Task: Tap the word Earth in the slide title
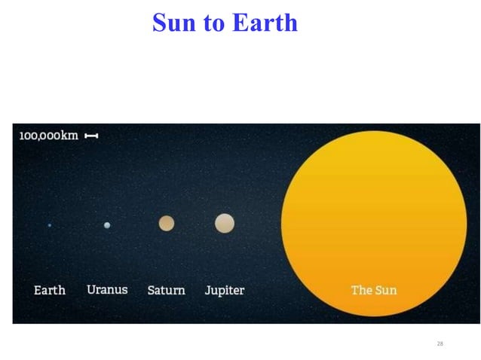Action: pyautogui.click(x=265, y=23)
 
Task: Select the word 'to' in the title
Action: pyautogui.click(x=215, y=23)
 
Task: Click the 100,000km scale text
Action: pyautogui.click(x=48, y=136)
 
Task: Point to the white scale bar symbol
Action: pyautogui.click(x=91, y=136)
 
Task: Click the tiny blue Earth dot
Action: pyautogui.click(x=50, y=225)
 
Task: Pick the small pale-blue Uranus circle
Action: pyautogui.click(x=107, y=225)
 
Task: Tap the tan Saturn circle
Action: pyautogui.click(x=167, y=223)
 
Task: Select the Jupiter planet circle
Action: pyautogui.click(x=225, y=223)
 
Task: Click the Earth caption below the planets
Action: pyautogui.click(x=50, y=290)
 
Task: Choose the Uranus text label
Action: pyautogui.click(x=107, y=289)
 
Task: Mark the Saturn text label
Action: pyautogui.click(x=166, y=290)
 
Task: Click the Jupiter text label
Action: pyautogui.click(x=225, y=291)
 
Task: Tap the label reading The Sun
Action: pyautogui.click(x=374, y=290)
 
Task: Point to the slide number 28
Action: pyautogui.click(x=440, y=343)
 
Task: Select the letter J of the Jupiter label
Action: pyautogui.click(x=207, y=291)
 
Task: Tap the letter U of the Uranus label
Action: pyautogui.click(x=91, y=289)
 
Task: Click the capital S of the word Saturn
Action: pyautogui.click(x=151, y=290)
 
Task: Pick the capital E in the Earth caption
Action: pyautogui.click(x=38, y=290)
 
